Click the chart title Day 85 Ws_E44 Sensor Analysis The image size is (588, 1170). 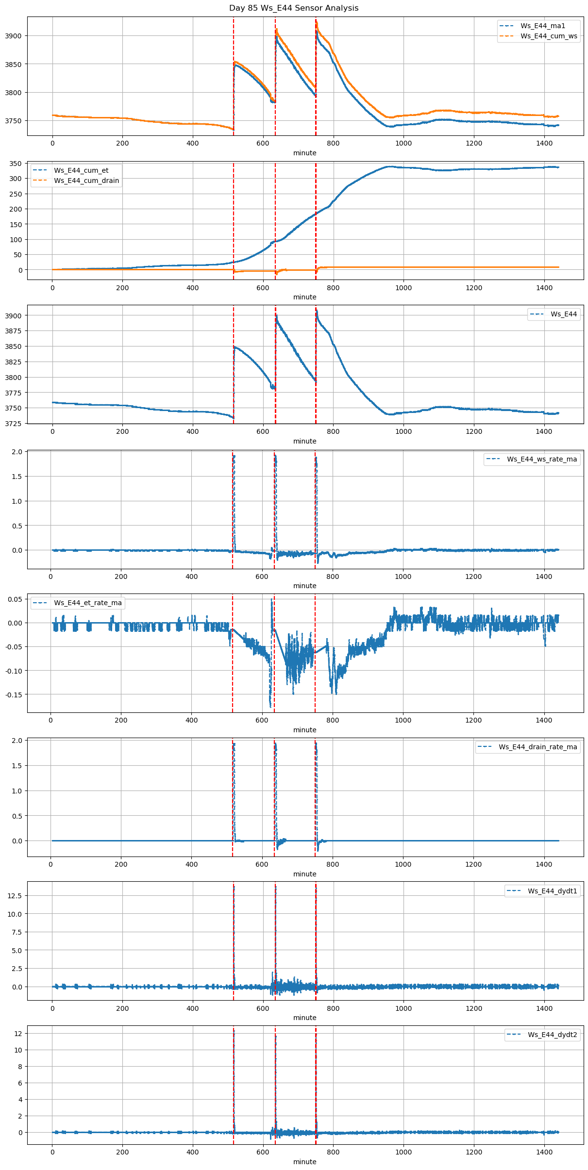294,8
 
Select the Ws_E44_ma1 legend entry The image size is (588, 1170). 542,26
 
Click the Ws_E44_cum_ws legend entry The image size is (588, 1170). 549,36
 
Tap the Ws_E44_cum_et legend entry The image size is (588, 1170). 81,170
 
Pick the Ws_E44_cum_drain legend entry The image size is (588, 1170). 86,181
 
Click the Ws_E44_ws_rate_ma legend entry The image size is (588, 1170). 542,459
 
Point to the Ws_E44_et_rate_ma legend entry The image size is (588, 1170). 88,603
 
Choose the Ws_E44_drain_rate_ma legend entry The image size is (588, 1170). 538,747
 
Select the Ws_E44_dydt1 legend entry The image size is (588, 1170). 553,891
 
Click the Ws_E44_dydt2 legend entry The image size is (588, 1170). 553,1035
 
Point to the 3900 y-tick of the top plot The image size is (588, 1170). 14,36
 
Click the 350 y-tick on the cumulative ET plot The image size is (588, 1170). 16,164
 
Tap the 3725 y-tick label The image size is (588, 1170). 14,424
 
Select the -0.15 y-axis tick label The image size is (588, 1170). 14,694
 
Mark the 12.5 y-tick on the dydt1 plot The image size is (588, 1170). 15,895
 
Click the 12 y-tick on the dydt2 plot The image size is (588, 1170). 18,1034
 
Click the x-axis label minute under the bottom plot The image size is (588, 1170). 304,1161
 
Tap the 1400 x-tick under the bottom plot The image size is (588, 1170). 544,1152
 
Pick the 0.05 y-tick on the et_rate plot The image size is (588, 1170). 15,599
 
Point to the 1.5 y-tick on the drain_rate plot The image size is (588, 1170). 17,765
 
